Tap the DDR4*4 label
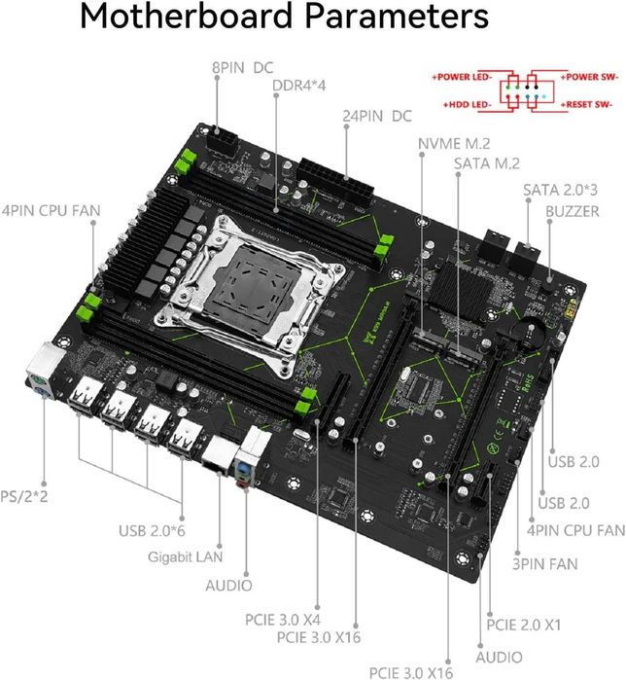[298, 85]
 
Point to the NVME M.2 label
[452, 143]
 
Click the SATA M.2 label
[486, 162]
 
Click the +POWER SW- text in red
[587, 75]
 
